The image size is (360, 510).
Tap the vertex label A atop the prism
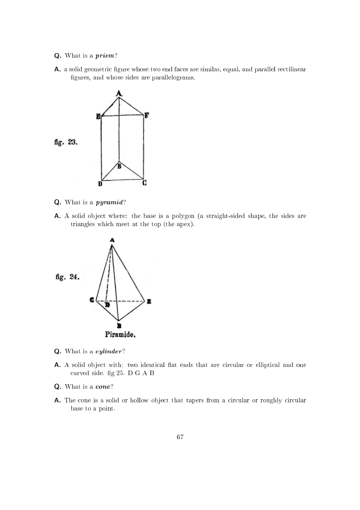119,93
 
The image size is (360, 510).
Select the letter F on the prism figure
146,115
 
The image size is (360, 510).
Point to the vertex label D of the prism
100,183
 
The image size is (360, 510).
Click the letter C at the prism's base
144,183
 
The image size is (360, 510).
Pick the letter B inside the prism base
119,167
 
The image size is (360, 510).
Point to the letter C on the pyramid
92,300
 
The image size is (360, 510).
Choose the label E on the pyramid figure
148,301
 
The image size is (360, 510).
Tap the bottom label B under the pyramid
119,325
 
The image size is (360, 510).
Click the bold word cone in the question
103,386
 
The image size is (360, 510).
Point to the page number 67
180,437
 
